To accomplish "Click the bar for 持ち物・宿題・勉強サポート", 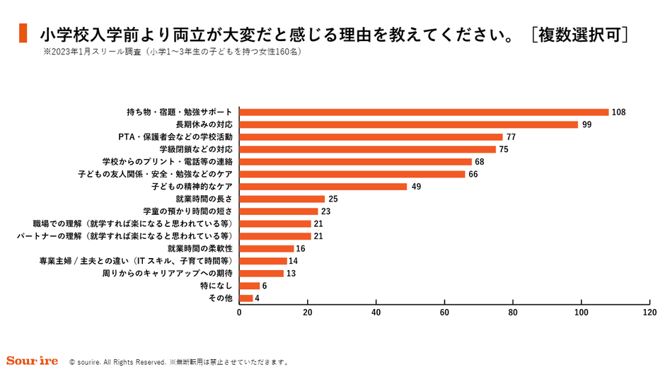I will coord(424,112).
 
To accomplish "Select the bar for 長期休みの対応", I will coord(409,124).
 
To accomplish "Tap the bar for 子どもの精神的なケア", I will coord(323,186).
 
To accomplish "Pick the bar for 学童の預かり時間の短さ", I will coord(279,211).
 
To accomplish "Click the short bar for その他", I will coord(246,298).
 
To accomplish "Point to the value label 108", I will coord(619,112).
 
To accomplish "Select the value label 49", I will coord(415,186).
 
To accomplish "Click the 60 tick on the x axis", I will coord(445,312).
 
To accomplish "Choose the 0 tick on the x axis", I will coord(239,312).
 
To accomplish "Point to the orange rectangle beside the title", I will coord(23,33).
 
